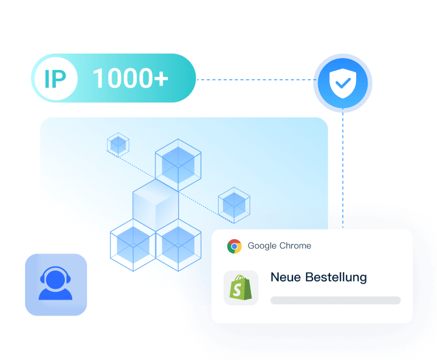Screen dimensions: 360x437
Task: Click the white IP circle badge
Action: pos(55,79)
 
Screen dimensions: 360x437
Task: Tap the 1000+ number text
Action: pos(130,79)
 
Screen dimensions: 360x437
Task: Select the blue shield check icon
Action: pos(343,83)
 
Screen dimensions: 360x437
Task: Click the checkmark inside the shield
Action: pos(343,84)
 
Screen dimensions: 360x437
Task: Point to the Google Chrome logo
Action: pos(234,246)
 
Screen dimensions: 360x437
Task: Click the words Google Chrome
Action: pos(279,246)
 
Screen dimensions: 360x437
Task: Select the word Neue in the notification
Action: pos(286,277)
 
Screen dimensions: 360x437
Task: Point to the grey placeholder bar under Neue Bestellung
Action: pos(335,300)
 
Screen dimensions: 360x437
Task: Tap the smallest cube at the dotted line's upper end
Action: pos(118,145)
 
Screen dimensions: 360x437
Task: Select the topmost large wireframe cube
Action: pos(178,164)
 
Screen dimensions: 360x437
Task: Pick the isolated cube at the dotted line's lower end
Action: pos(234,204)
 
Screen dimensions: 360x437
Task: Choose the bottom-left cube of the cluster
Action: pos(133,244)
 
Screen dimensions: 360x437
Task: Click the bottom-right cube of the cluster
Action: pos(178,244)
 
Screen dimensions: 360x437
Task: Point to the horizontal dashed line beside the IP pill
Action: pos(254,80)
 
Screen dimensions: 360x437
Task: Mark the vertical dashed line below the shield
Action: pos(343,171)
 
